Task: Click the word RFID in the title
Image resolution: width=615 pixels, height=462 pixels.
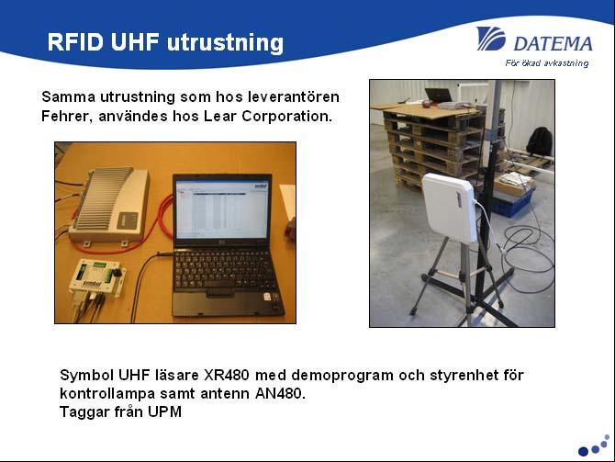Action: [75, 41]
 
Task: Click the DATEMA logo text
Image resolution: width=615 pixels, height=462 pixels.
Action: [553, 43]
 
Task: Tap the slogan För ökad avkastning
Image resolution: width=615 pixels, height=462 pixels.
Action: [547, 63]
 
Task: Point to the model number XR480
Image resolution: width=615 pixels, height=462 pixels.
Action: [227, 375]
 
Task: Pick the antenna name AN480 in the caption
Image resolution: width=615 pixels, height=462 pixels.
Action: [280, 393]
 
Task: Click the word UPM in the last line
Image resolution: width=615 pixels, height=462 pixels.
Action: [164, 411]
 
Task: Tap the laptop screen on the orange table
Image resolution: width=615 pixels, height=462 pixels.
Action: [222, 210]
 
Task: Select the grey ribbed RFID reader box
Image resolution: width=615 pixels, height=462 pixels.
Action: [109, 206]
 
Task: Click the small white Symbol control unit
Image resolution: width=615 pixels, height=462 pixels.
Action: [97, 276]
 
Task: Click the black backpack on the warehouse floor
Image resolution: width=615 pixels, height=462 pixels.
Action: [540, 141]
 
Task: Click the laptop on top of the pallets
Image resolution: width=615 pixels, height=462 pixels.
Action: [439, 96]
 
